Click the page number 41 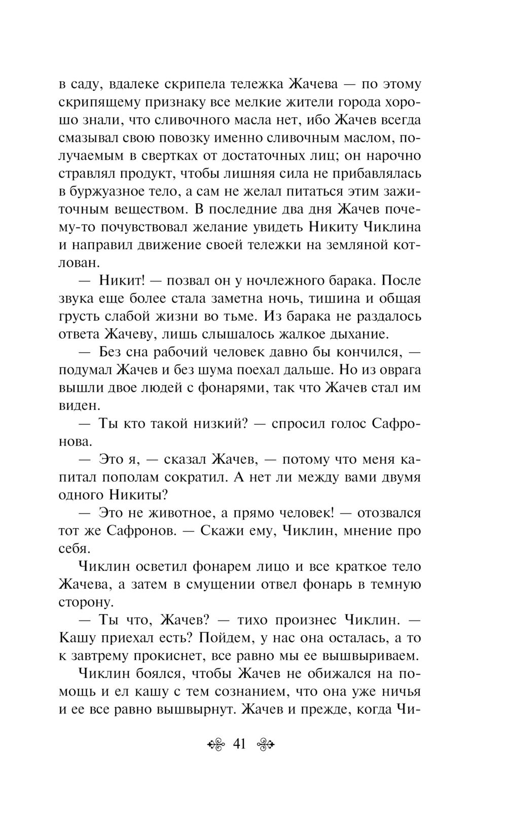[239, 744]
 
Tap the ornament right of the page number [266, 745]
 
